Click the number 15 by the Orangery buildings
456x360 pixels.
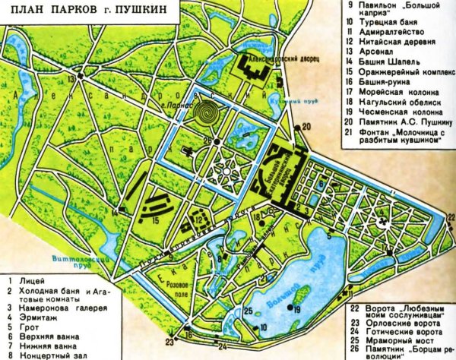[x=155, y=220]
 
